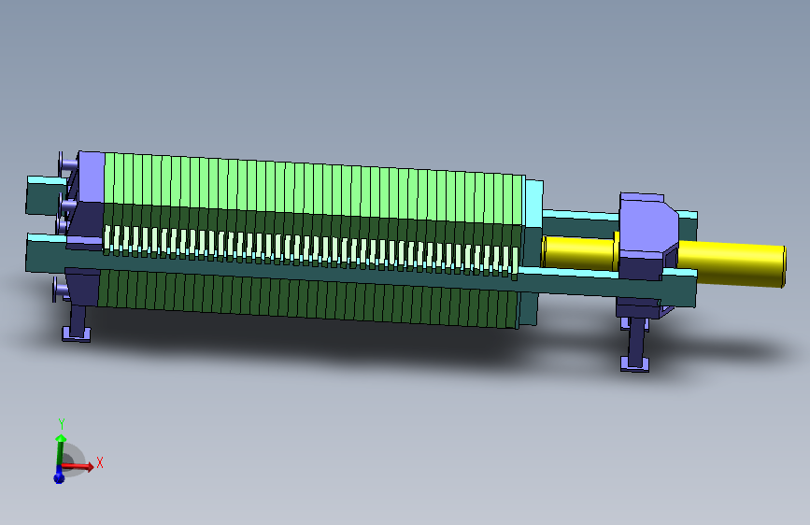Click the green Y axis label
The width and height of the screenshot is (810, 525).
[62, 425]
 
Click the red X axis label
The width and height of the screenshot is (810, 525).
[100, 463]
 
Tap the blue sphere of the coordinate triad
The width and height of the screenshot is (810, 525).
[59, 477]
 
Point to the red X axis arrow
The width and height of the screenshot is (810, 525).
[78, 466]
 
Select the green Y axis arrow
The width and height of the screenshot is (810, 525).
[60, 452]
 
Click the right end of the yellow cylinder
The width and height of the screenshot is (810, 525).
[783, 266]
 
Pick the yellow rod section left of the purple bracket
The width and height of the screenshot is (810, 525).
[579, 252]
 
